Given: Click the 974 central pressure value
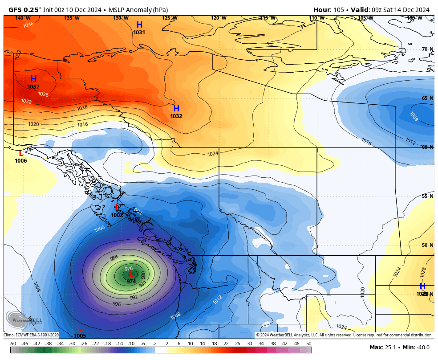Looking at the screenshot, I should click(x=131, y=282).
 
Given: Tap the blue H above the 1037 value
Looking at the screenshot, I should click(x=33, y=79).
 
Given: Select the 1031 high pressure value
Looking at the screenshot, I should click(x=139, y=33).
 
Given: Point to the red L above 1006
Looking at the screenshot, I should click(x=20, y=153).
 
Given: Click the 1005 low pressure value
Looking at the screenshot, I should click(x=80, y=335).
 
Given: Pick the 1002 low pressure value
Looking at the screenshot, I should click(x=117, y=215).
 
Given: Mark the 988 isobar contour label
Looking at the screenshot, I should click(x=114, y=258).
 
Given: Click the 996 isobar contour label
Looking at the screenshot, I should click(x=117, y=304).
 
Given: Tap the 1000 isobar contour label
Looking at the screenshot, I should click(x=100, y=229).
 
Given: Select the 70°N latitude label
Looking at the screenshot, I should click(x=427, y=49).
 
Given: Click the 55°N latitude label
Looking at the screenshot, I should click(x=427, y=196).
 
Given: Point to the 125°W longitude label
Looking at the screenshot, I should click(x=170, y=18).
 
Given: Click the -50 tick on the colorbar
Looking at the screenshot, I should click(x=13, y=344).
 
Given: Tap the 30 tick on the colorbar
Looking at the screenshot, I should click(x=249, y=344).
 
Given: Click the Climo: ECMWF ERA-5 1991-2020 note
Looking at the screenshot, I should click(x=31, y=335).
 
